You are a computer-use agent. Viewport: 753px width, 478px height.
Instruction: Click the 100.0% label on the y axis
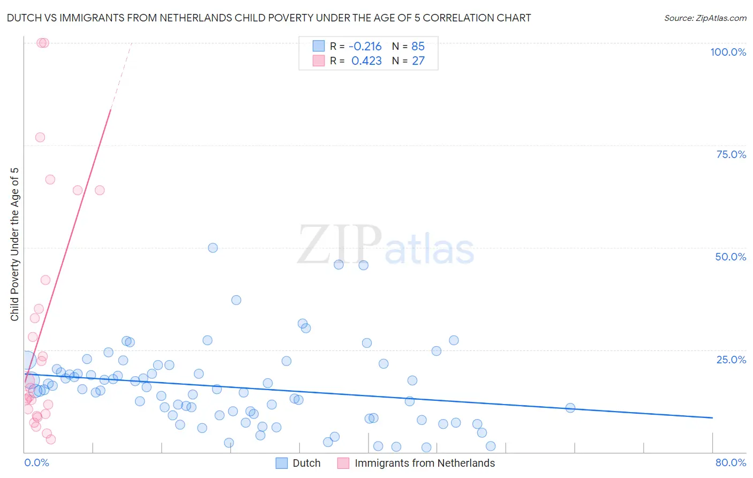(x=728, y=52)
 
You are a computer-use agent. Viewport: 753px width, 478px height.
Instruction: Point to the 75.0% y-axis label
(x=731, y=154)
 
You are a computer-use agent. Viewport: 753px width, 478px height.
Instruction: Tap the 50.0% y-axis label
(x=731, y=257)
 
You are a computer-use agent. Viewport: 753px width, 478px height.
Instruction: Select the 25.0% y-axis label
(x=731, y=360)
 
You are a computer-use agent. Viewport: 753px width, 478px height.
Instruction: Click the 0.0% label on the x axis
(x=36, y=462)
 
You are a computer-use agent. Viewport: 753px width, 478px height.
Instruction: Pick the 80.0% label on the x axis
(x=731, y=462)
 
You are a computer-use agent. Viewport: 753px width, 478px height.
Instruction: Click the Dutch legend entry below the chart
(x=306, y=463)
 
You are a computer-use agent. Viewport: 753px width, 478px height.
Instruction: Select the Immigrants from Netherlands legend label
(x=424, y=463)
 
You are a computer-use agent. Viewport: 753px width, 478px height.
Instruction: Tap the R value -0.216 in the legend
(x=365, y=47)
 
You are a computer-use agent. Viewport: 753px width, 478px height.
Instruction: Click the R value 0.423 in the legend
(x=366, y=61)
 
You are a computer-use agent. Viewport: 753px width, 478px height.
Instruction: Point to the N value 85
(x=418, y=47)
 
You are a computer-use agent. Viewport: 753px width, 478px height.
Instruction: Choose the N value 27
(x=418, y=61)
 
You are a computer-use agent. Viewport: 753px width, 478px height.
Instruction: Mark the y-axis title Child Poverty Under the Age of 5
(x=15, y=244)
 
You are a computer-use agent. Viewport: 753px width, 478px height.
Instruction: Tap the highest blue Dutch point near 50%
(x=213, y=248)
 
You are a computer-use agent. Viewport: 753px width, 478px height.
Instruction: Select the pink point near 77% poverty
(x=40, y=137)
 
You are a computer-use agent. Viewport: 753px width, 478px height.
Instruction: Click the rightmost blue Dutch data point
(x=570, y=408)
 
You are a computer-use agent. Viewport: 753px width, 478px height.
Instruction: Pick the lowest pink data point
(x=51, y=439)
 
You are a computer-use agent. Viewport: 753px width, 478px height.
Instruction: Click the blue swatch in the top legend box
(x=319, y=46)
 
